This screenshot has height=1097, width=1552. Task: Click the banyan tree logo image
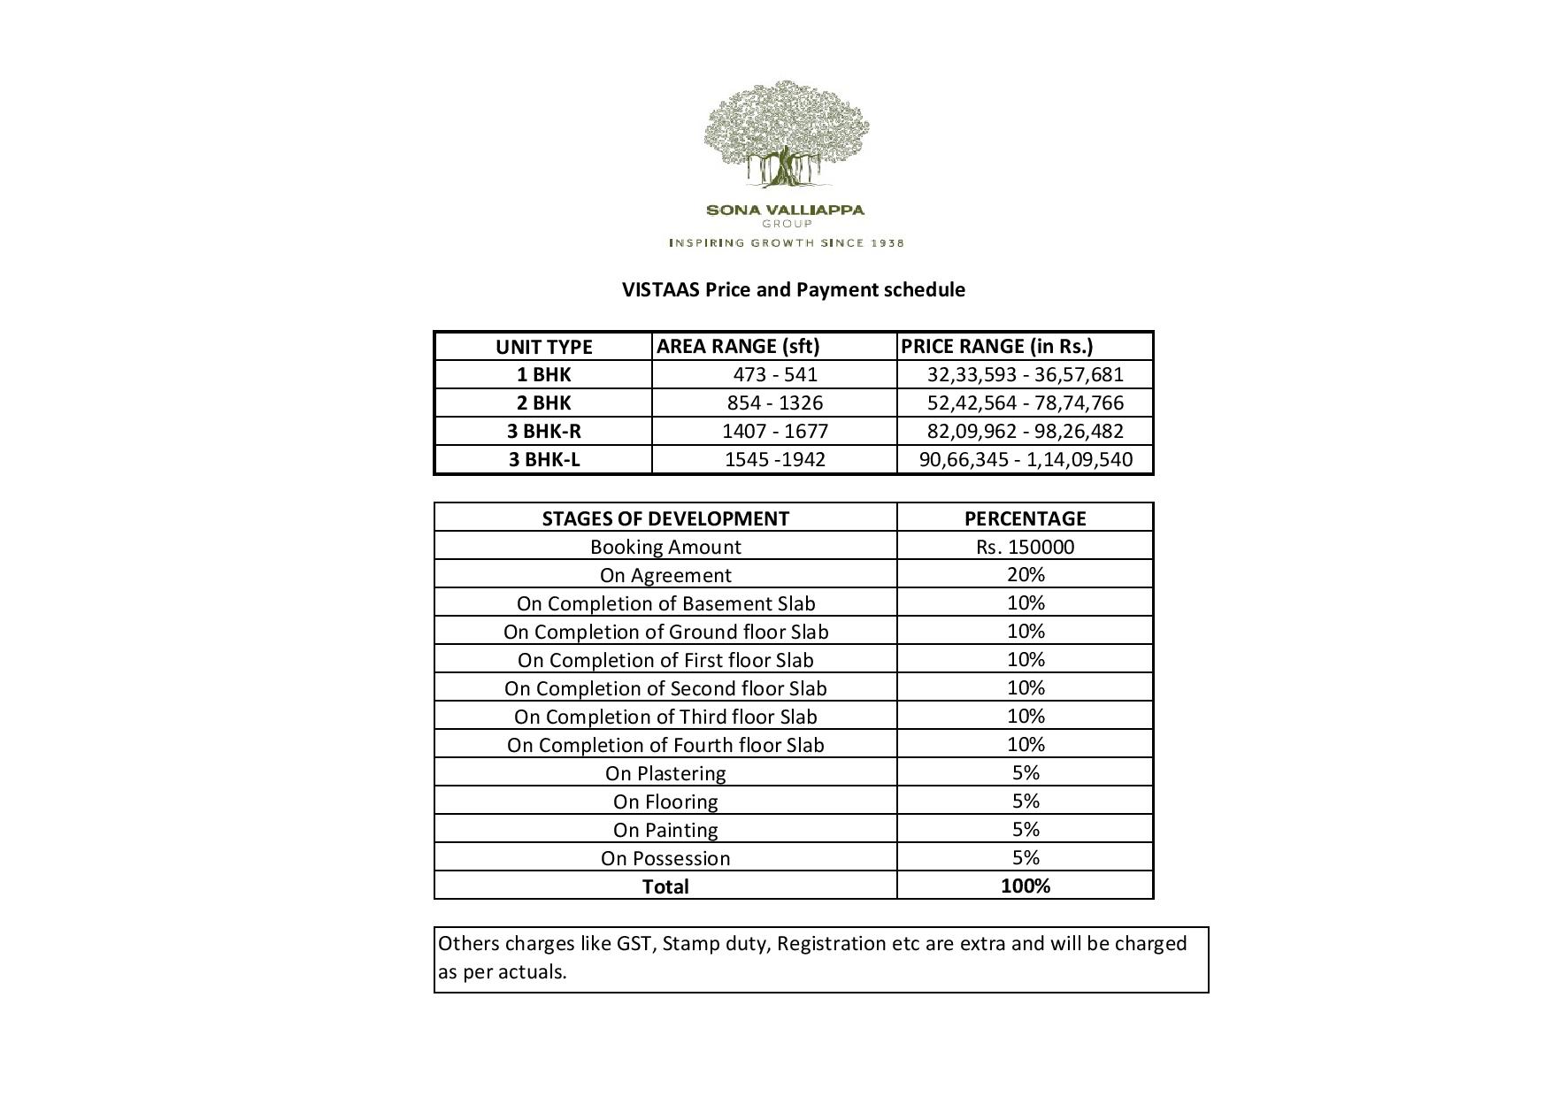[x=786, y=134]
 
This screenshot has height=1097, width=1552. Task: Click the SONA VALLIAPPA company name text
[x=785, y=211]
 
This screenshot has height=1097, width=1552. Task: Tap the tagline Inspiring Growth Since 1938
[x=786, y=242]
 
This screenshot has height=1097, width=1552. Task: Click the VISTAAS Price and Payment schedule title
[x=793, y=290]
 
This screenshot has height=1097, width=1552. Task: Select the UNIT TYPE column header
[x=543, y=347]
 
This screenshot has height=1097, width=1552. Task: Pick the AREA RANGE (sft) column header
[x=738, y=346]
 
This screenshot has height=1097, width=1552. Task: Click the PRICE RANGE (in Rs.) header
[x=996, y=346]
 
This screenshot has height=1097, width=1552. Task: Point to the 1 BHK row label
[x=543, y=374]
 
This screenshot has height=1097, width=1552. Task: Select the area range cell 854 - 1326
[x=774, y=403]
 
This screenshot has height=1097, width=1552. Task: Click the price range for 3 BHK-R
[x=1025, y=431]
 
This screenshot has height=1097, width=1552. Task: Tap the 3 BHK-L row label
[x=543, y=459]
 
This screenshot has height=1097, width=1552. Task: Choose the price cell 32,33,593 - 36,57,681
[x=1025, y=374]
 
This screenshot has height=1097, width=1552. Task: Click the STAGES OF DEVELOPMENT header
[x=665, y=518]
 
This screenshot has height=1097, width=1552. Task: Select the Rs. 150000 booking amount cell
[x=1025, y=547]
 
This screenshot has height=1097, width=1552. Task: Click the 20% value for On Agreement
[x=1025, y=574]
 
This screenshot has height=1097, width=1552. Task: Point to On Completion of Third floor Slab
[x=665, y=717]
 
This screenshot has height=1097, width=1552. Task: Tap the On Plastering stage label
[x=665, y=773]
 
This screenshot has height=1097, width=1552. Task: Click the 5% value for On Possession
[x=1025, y=857]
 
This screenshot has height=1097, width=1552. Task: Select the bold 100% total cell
[x=1025, y=886]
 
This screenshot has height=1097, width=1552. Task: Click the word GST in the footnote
[x=634, y=943]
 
